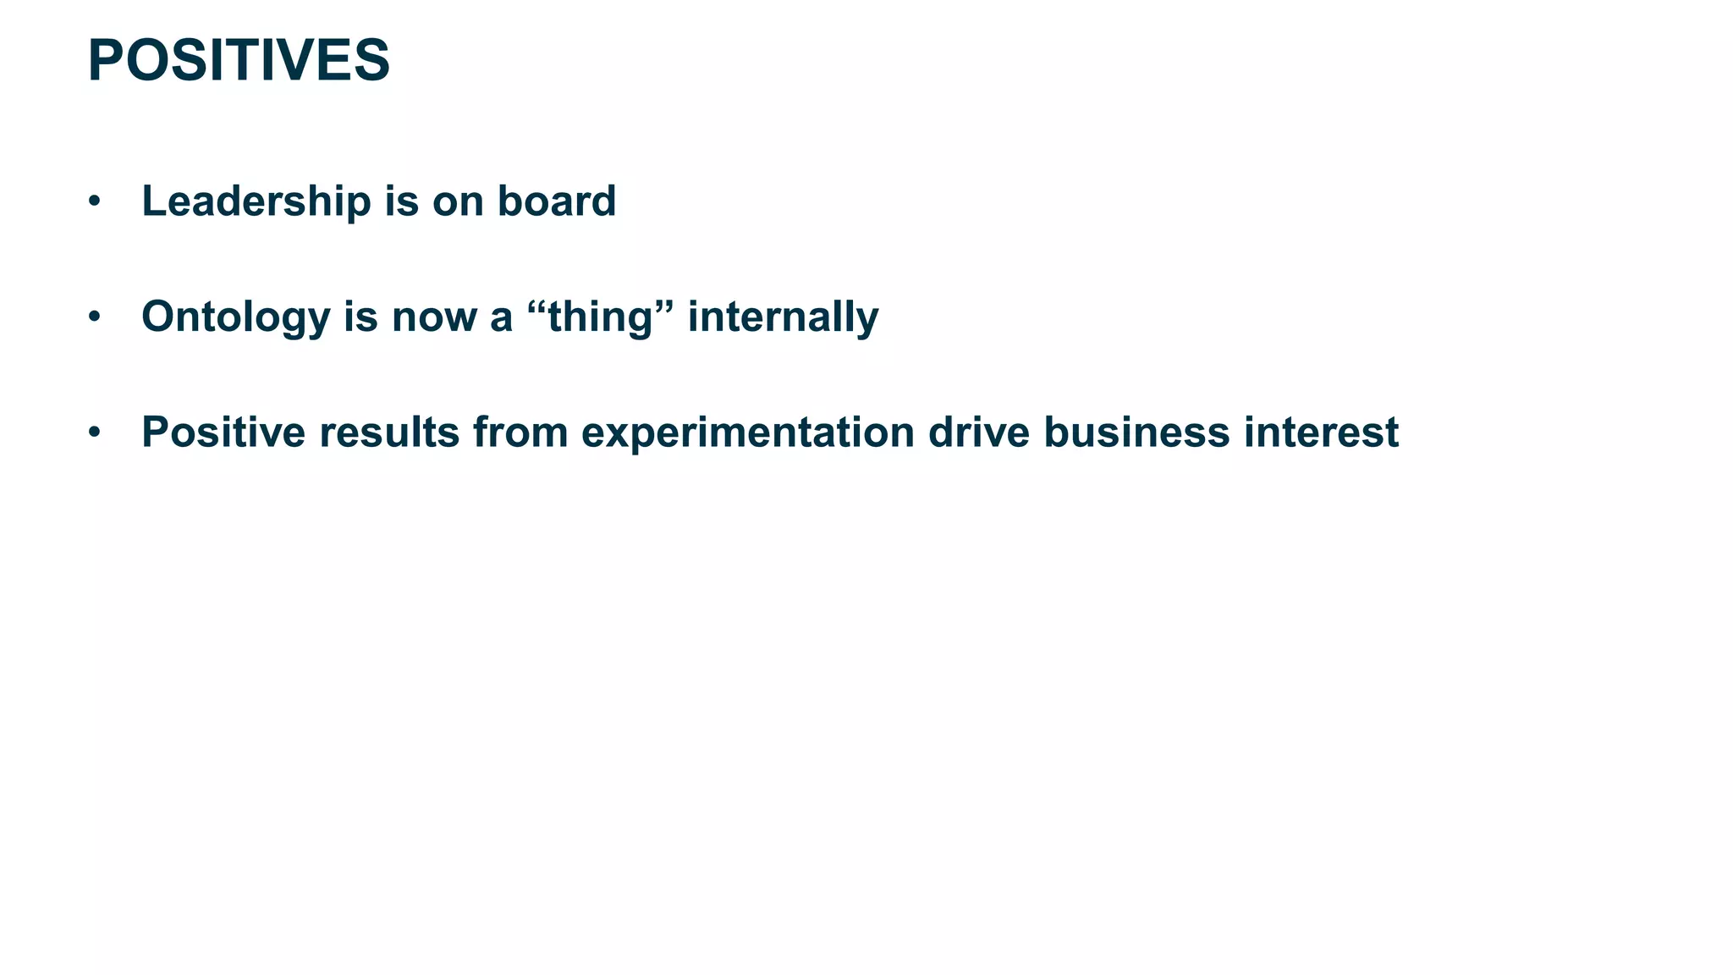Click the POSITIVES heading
pos(239,61)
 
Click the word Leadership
pos(256,201)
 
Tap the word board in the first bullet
pos(556,201)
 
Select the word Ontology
pos(235,317)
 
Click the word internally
pos(783,317)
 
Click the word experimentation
pos(747,433)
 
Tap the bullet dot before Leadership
pos(95,202)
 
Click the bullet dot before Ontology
pos(95,317)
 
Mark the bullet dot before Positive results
pos(95,432)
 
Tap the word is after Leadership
pos(401,201)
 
